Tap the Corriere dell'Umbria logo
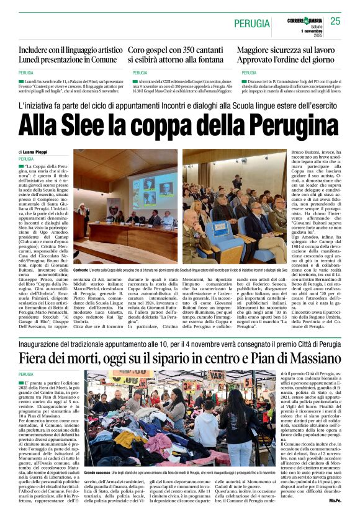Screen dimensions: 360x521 point(295,21)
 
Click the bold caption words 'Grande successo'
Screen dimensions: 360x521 point(98,473)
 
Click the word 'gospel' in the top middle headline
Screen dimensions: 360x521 point(158,50)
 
